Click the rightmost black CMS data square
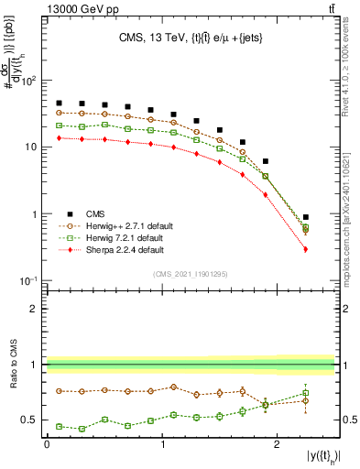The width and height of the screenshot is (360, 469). [x=306, y=217]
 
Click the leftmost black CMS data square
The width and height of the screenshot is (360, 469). [x=59, y=104]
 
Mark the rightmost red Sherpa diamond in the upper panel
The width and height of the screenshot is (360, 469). [x=306, y=249]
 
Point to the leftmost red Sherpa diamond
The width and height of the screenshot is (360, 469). [x=59, y=137]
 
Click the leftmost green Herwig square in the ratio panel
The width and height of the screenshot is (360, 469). [x=59, y=426]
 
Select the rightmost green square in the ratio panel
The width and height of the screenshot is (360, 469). [x=306, y=393]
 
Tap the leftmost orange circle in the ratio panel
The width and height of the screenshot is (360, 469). [x=59, y=390]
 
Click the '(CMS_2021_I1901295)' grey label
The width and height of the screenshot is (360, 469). [x=191, y=274]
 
